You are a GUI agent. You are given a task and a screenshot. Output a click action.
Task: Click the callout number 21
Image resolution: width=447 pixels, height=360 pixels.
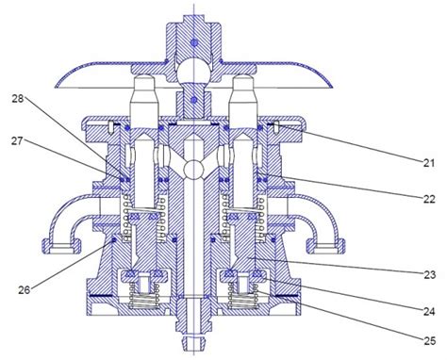pyautogui.click(x=428, y=163)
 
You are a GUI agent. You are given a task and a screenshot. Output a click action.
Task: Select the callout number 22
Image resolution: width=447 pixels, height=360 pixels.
pyautogui.click(x=429, y=199)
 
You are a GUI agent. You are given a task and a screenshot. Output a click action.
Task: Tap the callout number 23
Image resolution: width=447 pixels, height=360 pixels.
pyautogui.click(x=429, y=274)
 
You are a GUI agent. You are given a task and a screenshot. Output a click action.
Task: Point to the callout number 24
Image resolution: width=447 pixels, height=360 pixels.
pyautogui.click(x=429, y=311)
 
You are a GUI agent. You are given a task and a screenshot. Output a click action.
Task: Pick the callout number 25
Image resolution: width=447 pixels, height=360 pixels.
pyautogui.click(x=429, y=340)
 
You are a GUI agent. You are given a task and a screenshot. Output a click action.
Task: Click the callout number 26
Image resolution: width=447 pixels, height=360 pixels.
pyautogui.click(x=25, y=289)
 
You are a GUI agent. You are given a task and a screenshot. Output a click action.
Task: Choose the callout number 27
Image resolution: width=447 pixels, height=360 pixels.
pyautogui.click(x=17, y=140)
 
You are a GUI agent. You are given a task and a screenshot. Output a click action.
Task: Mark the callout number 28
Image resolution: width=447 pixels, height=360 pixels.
pyautogui.click(x=18, y=99)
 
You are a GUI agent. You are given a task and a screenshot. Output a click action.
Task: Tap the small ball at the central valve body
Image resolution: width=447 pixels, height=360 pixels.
pyautogui.click(x=194, y=169)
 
